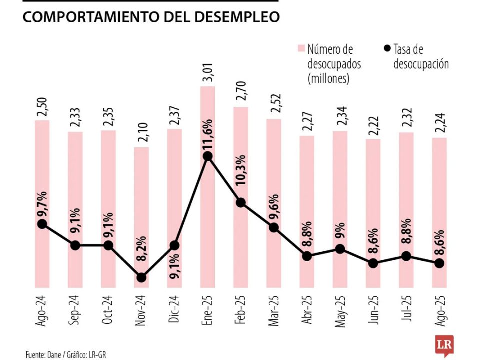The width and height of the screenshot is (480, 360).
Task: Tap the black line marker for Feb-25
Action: tap(241, 202)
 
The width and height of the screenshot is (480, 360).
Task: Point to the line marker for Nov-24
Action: tap(141, 277)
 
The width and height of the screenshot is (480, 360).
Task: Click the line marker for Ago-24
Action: tap(42, 224)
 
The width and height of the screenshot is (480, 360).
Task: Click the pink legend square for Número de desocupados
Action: tap(301, 49)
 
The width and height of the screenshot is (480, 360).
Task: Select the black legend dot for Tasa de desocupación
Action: tap(387, 49)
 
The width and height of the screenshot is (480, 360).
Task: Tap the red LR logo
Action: tap(444, 346)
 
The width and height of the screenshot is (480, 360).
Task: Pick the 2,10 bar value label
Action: tap(141, 135)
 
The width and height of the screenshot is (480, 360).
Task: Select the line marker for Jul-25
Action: tap(406, 256)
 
